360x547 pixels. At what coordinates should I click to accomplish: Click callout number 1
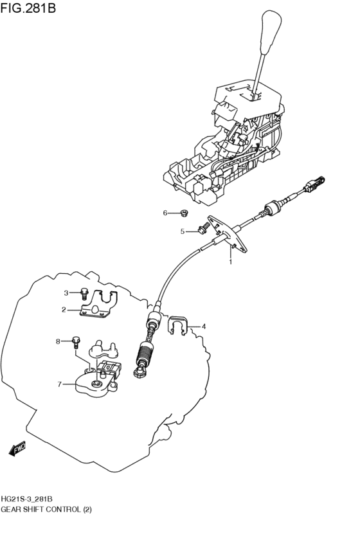pos(231,262)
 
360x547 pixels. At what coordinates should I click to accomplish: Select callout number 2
pos(64,310)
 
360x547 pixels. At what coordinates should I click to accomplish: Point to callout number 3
pos(66,293)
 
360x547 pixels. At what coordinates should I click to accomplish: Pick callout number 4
pos(204,327)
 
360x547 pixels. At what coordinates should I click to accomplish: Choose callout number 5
pos(183,231)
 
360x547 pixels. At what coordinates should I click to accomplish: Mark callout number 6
pos(165,213)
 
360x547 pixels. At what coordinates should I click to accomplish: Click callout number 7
pos(59,384)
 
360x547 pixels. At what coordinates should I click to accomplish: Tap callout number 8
pos(58,341)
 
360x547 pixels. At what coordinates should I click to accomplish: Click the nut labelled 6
pos(184,213)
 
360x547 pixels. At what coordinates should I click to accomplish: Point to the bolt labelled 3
pos(84,294)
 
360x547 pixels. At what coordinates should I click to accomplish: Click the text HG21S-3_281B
pos(27,499)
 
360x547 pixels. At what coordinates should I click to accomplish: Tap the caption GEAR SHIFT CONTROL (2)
pos(46,510)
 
